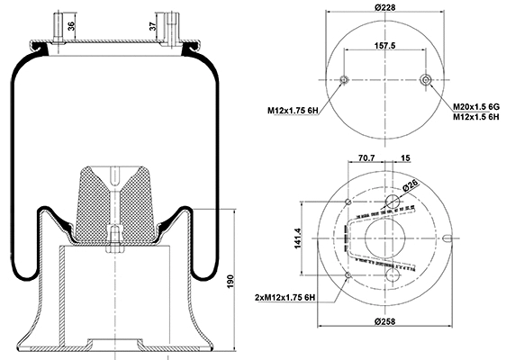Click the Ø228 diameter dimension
coord(386,8)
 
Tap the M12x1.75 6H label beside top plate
coord(294,111)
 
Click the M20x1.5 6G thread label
coord(476,105)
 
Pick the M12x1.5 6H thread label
coord(476,117)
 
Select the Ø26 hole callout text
coord(411,186)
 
